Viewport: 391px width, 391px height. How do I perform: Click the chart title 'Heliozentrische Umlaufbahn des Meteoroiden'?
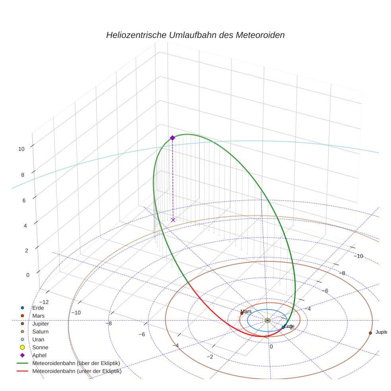pos(195,35)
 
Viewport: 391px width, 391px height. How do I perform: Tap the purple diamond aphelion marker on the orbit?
pos(172,138)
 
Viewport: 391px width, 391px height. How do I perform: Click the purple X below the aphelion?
pos(173,220)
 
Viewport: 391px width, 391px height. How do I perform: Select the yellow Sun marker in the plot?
pos(267,320)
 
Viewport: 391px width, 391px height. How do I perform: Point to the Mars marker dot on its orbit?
pos(242,314)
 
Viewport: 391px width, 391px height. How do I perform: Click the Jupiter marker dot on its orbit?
pos(370,333)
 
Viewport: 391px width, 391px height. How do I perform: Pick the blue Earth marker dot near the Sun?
pos(283,327)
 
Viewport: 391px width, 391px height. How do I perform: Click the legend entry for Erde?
pos(38,308)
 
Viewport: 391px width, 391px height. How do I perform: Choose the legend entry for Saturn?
pos(40,331)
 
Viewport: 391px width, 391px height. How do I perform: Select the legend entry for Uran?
pos(38,339)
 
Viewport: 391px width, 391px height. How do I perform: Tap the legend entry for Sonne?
pos(40,347)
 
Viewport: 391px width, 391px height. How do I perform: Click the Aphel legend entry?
pos(39,355)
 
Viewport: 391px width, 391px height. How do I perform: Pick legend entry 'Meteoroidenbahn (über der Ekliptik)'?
pos(76,363)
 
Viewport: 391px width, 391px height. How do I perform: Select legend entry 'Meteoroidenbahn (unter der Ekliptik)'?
pos(77,372)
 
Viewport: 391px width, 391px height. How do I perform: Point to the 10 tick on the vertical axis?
pos(21,149)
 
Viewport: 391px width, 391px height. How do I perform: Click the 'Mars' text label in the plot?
pos(246,312)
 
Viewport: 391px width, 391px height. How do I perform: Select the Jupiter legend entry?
pos(41,323)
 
